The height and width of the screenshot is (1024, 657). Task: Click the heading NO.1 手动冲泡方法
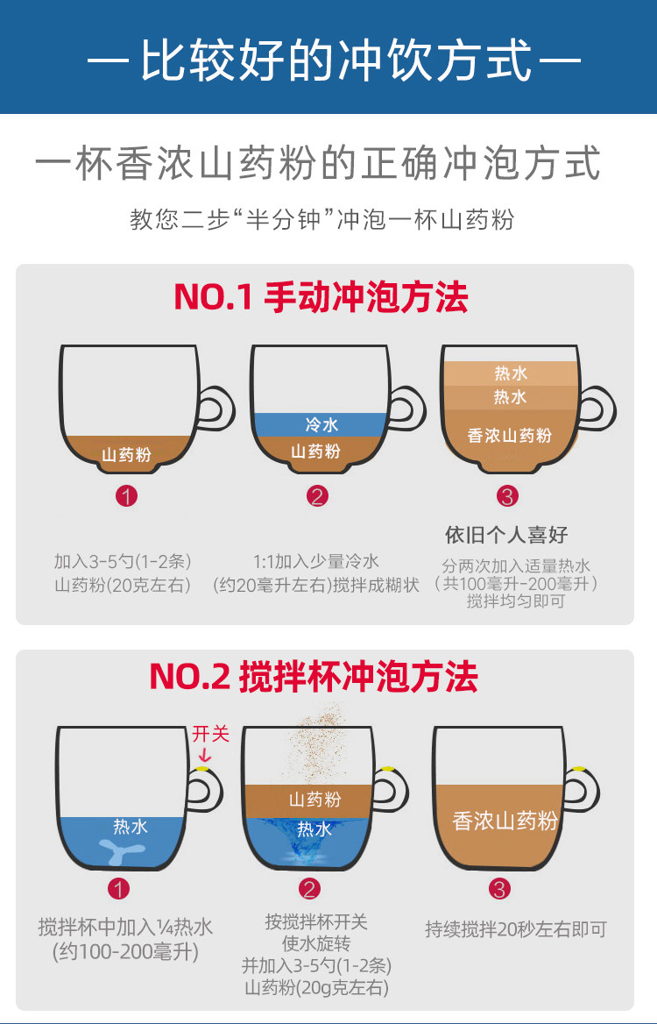click(x=321, y=298)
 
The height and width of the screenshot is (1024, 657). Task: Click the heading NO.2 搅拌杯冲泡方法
click(x=314, y=677)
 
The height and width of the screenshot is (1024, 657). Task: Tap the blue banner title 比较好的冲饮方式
click(x=336, y=63)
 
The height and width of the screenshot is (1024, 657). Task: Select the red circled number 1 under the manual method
click(x=127, y=496)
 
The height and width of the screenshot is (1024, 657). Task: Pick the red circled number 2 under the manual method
click(x=317, y=496)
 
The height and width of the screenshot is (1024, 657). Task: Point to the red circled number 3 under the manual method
click(x=507, y=496)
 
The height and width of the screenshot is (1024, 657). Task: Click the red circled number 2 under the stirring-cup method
click(x=309, y=889)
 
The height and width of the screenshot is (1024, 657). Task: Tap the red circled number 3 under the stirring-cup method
click(x=499, y=889)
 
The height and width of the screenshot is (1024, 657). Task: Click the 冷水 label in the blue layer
click(x=321, y=425)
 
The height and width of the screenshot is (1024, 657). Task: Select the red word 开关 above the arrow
click(x=210, y=733)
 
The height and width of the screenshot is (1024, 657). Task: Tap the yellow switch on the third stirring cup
click(x=578, y=768)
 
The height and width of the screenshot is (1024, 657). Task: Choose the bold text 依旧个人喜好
click(x=507, y=535)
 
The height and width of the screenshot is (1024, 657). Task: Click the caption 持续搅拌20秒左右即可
click(x=515, y=929)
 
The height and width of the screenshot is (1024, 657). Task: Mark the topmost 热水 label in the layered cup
click(x=511, y=373)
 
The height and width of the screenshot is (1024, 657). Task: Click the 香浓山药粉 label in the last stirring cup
click(x=505, y=821)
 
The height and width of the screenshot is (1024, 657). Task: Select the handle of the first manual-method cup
click(x=215, y=410)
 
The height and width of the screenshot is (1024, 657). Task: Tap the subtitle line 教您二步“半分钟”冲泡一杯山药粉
click(x=321, y=218)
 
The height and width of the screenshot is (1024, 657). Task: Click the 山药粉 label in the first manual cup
click(x=126, y=454)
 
